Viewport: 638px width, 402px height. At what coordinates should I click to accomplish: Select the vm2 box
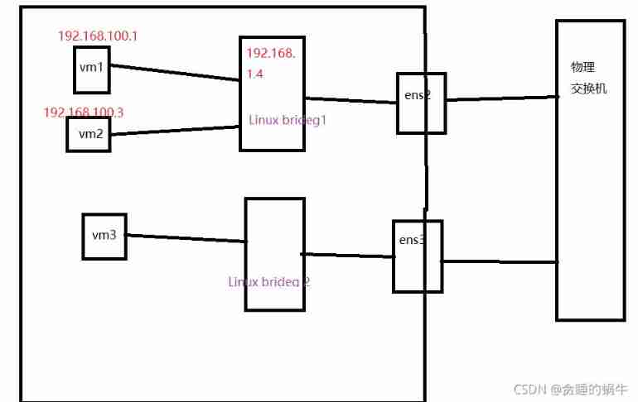click(x=89, y=134)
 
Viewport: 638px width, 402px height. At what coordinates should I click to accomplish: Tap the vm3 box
click(x=104, y=236)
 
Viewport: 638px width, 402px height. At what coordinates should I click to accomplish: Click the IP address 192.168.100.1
click(x=97, y=36)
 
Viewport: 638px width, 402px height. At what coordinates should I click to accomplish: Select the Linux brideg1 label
click(x=288, y=119)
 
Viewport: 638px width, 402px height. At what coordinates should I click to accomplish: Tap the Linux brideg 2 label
click(x=269, y=281)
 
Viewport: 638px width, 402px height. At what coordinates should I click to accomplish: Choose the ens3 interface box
click(x=417, y=256)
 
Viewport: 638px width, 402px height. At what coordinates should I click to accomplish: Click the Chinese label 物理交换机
click(x=588, y=77)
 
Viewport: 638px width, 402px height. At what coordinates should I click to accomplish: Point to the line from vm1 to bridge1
click(x=174, y=74)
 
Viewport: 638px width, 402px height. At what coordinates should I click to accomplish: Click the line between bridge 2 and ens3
click(x=346, y=256)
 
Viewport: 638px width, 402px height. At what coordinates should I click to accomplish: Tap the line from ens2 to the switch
click(x=501, y=98)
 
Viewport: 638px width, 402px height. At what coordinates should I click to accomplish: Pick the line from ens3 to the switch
click(x=499, y=262)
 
